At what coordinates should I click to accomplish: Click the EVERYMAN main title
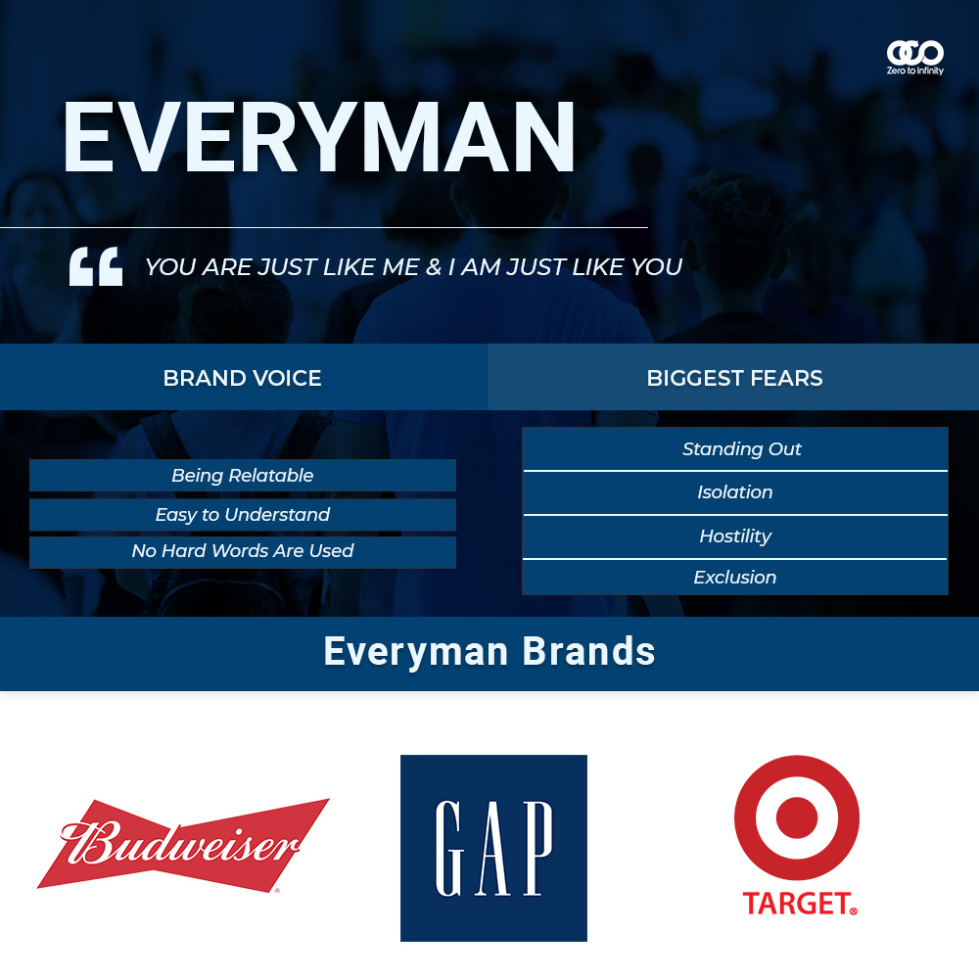click(x=318, y=137)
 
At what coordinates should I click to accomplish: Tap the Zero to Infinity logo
click(x=914, y=58)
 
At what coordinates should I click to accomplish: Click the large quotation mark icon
click(x=96, y=266)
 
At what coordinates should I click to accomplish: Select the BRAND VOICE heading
click(x=242, y=378)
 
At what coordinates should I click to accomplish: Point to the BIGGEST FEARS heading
click(x=734, y=378)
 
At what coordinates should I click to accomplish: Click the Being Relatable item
click(x=242, y=475)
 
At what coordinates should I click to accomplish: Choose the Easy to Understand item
click(x=242, y=515)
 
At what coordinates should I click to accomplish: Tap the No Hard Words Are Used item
click(x=242, y=551)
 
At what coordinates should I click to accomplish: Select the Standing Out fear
click(x=741, y=449)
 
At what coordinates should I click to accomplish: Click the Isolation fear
click(x=735, y=492)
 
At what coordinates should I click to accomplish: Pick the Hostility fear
click(x=735, y=536)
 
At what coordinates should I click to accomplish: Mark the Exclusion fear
click(x=735, y=577)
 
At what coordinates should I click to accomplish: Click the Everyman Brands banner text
click(x=489, y=652)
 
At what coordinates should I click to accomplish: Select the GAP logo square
click(x=493, y=848)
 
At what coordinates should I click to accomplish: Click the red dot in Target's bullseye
click(x=797, y=817)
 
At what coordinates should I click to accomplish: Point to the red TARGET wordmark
click(x=799, y=904)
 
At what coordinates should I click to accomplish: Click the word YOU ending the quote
click(x=656, y=267)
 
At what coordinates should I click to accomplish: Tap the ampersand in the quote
click(x=434, y=267)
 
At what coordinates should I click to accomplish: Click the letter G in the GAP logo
click(x=448, y=849)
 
